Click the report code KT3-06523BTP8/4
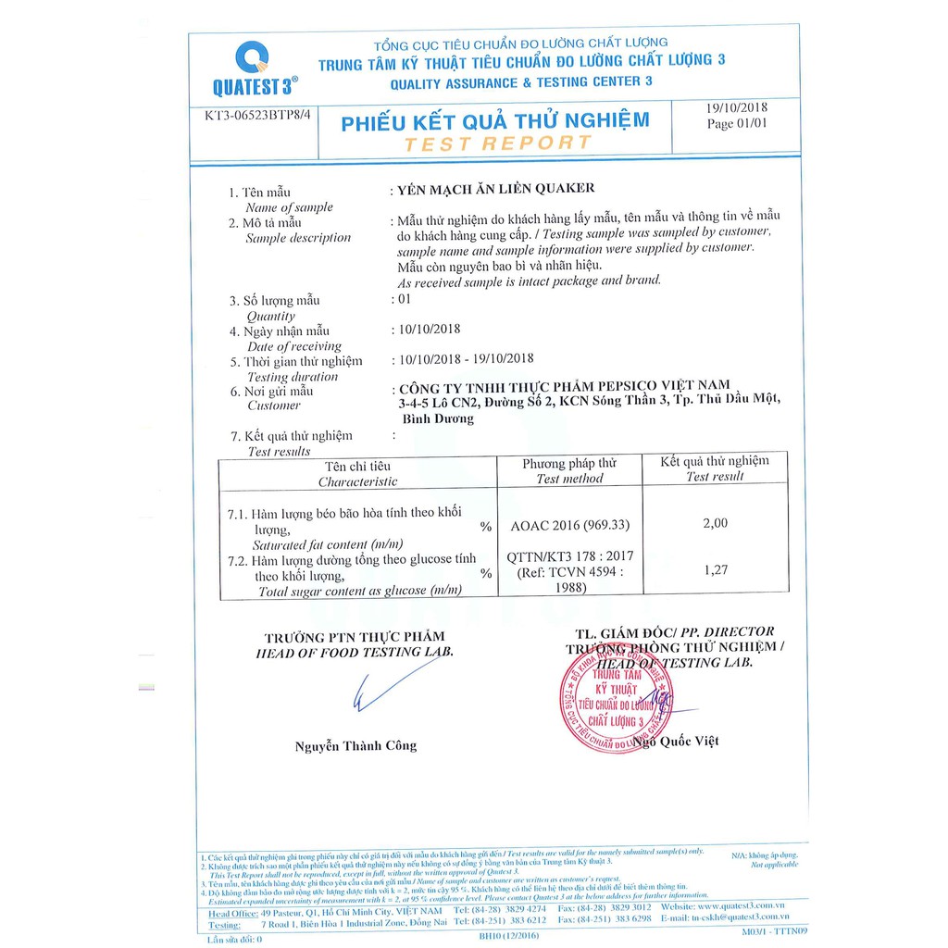click(x=253, y=118)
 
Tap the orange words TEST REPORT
click(x=498, y=143)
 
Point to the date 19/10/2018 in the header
click(x=737, y=107)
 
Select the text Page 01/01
click(x=737, y=123)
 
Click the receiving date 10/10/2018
click(x=427, y=329)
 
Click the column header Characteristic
click(x=357, y=481)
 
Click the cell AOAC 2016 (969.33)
click(x=569, y=525)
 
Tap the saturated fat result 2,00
click(x=716, y=523)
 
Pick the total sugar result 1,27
click(x=716, y=570)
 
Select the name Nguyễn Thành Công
click(x=355, y=745)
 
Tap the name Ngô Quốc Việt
click(x=680, y=741)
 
